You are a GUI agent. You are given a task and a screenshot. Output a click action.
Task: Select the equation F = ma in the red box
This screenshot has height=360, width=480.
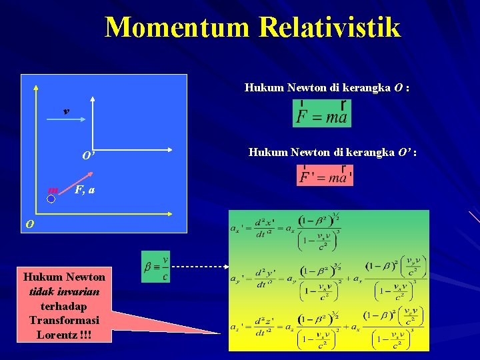(321, 113)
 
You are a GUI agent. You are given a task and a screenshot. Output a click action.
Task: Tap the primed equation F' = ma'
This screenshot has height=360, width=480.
(325, 175)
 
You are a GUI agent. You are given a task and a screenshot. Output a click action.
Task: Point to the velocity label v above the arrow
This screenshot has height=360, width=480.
(65, 111)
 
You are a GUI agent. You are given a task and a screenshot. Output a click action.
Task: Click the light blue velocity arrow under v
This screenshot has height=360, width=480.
(65, 120)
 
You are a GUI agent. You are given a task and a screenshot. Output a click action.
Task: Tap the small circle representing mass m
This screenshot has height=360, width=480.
(51, 197)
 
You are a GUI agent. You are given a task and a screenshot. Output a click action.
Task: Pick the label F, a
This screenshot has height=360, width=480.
(85, 191)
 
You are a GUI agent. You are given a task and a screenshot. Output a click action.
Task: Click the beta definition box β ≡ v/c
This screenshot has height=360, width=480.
(156, 267)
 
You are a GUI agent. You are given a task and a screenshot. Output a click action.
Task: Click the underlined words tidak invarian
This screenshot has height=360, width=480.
(64, 291)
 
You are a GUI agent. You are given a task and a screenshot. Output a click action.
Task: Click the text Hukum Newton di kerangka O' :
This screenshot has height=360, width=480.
(333, 153)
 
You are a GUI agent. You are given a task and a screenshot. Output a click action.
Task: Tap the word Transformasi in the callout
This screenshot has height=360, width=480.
(64, 320)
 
